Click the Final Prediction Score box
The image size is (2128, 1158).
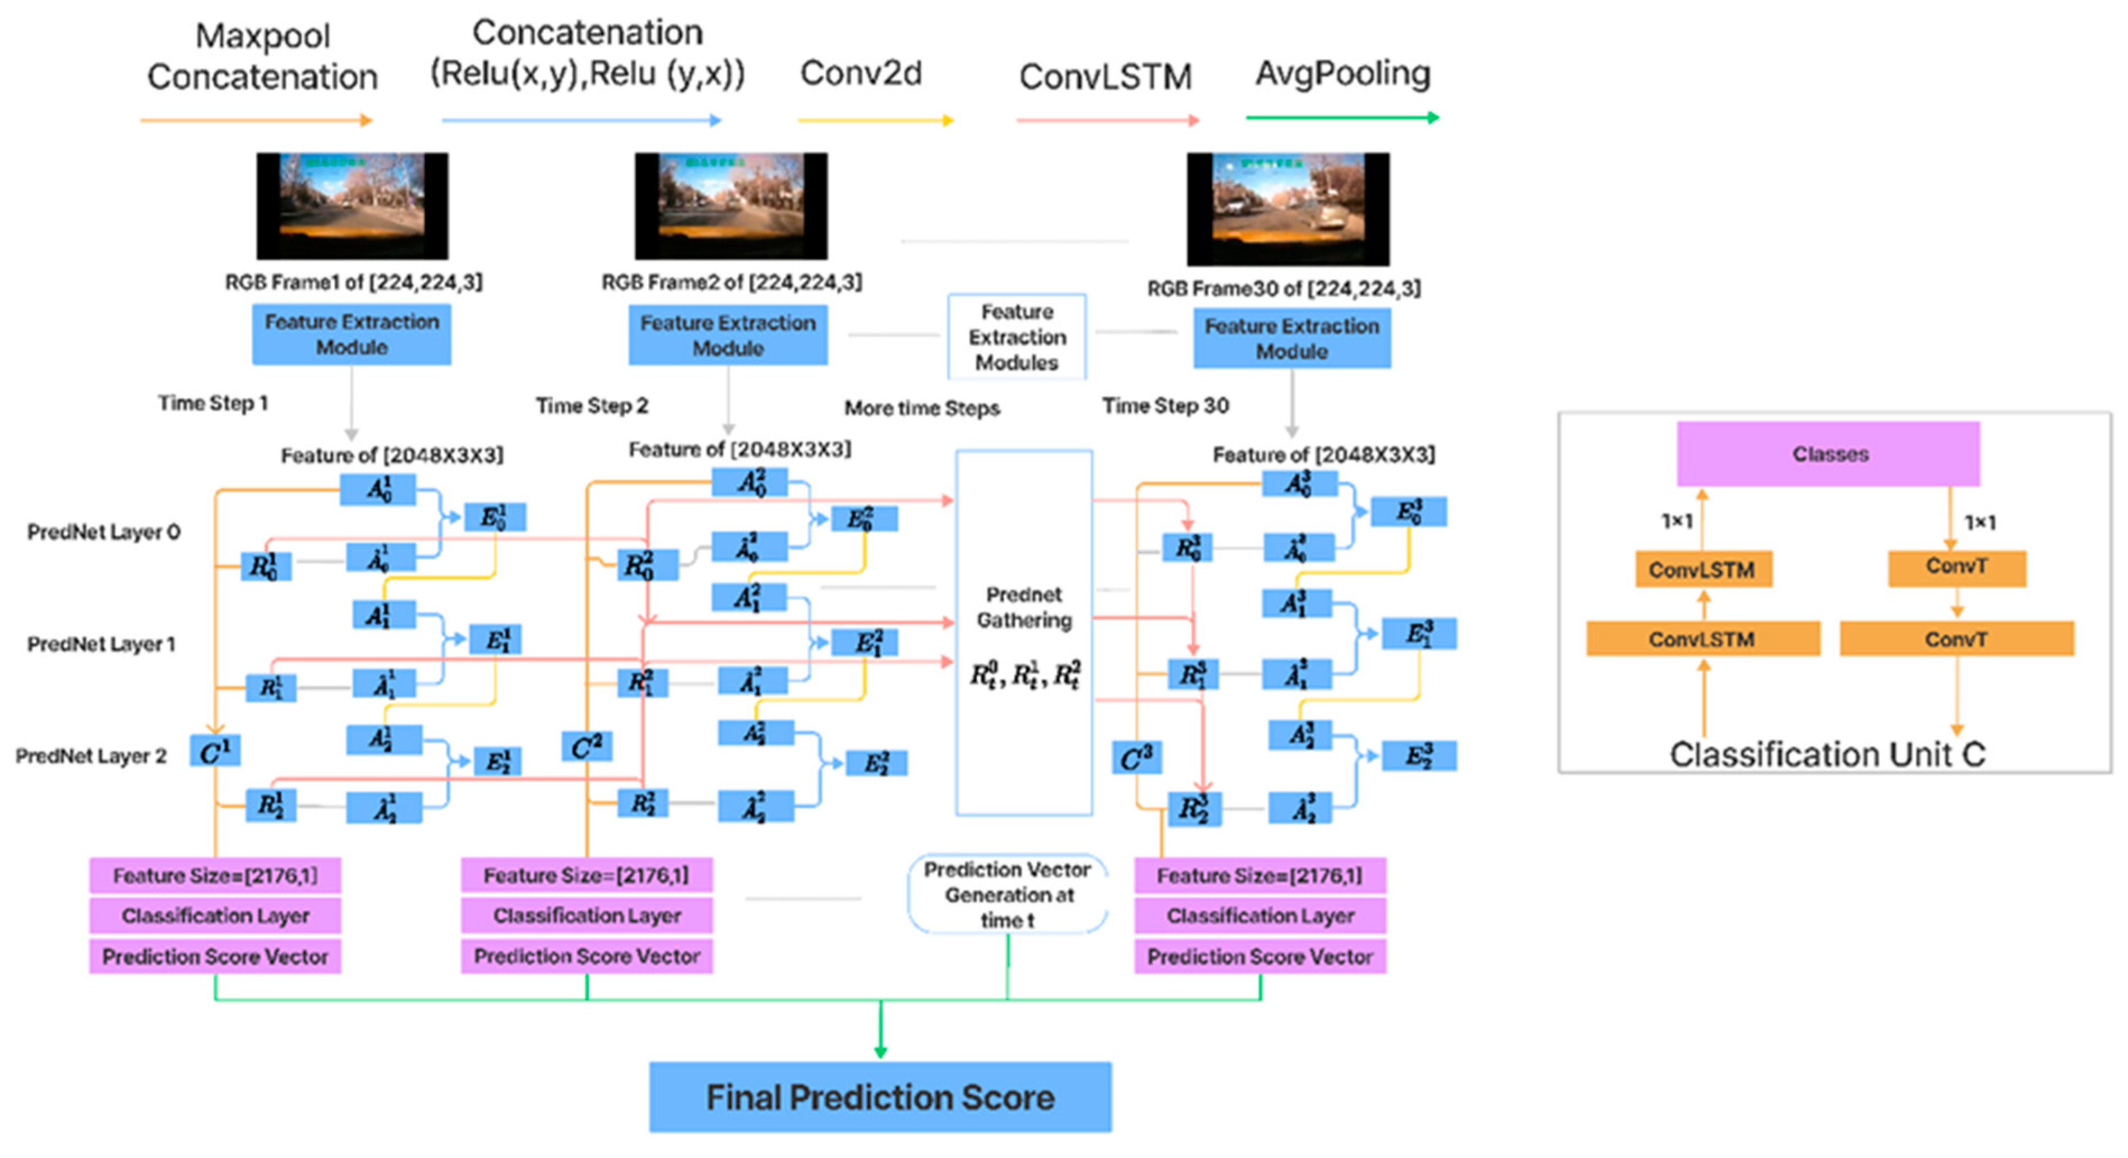click(x=880, y=1096)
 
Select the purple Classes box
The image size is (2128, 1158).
click(x=1828, y=454)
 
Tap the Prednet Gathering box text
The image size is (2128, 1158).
click(x=1023, y=608)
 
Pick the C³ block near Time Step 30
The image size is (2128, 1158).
click(x=1136, y=757)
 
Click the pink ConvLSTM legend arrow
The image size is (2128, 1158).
click(x=1107, y=121)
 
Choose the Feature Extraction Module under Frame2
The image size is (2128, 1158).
click(x=728, y=335)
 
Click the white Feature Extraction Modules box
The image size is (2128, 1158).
click(x=1017, y=337)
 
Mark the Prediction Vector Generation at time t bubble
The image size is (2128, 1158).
click(x=1007, y=894)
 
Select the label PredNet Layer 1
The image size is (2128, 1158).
click(x=101, y=644)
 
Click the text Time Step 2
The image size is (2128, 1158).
click(x=592, y=406)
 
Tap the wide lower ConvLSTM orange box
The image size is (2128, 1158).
click(x=1702, y=639)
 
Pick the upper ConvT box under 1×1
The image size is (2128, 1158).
click(x=1956, y=568)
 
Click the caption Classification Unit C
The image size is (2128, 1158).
click(x=1827, y=754)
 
